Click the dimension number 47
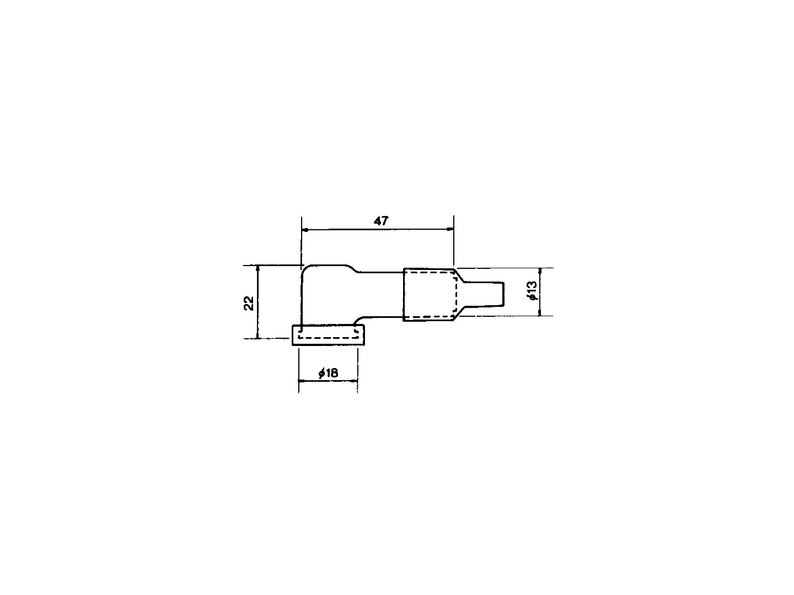[381, 221]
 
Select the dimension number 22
[249, 303]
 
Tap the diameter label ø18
[328, 373]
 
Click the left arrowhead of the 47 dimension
[305, 229]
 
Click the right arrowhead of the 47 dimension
[450, 229]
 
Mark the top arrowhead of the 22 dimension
[257, 268]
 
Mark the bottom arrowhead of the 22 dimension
[257, 336]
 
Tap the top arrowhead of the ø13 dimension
[540, 271]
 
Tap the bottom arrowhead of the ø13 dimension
[540, 313]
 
